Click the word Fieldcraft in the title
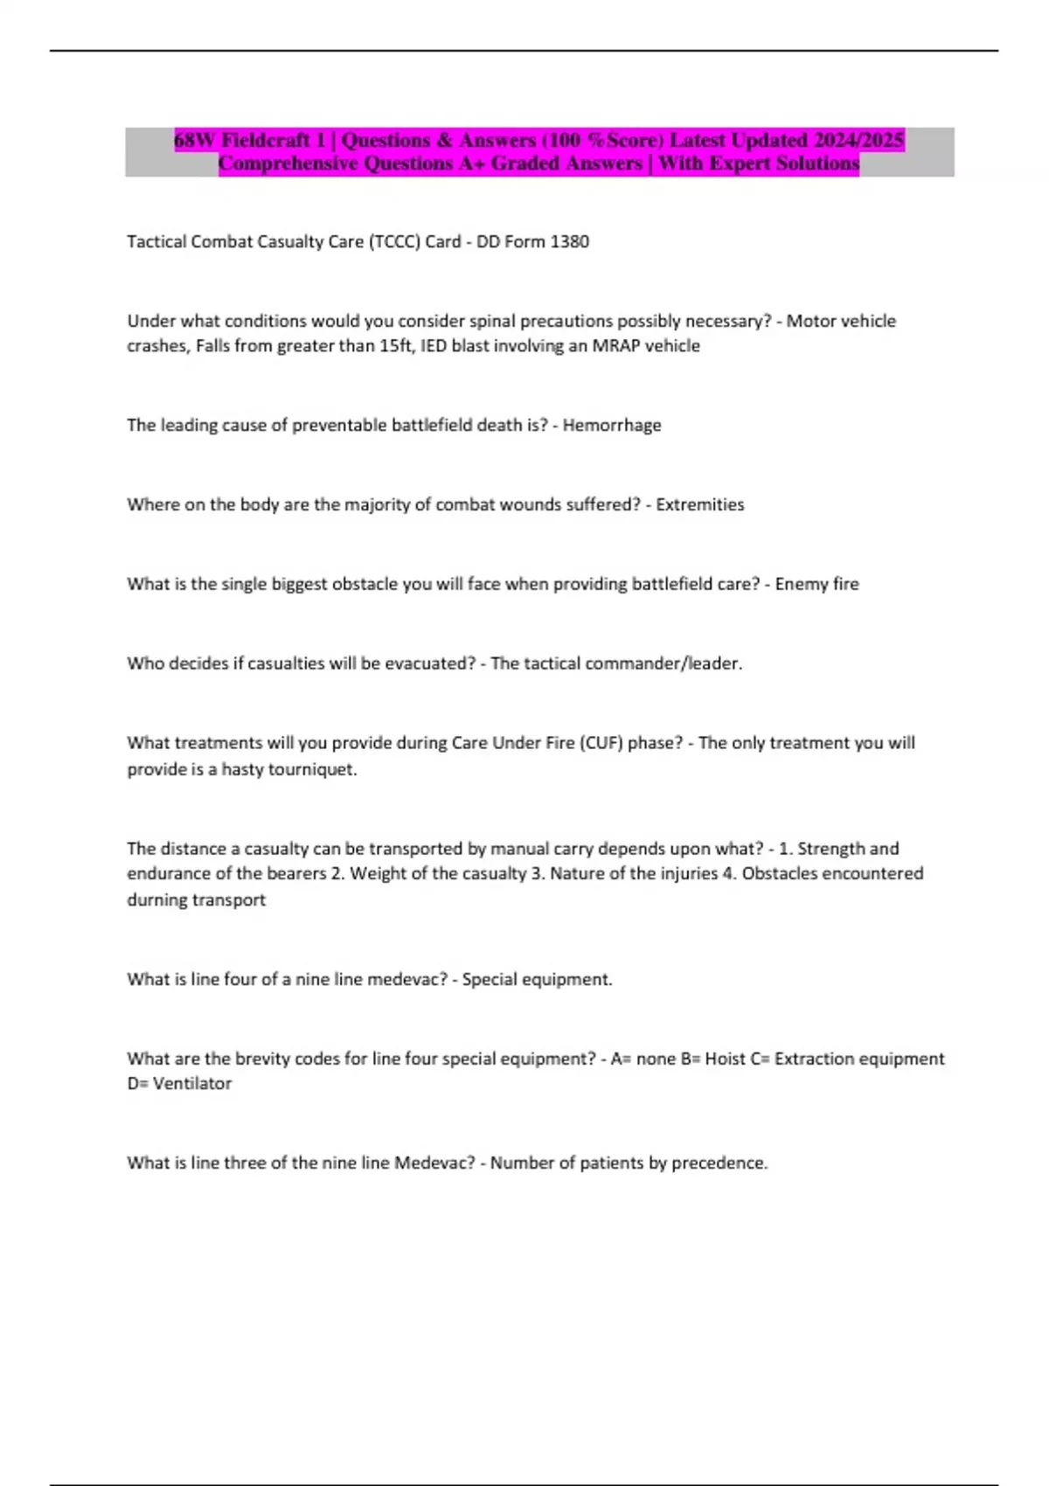pyautogui.click(x=267, y=140)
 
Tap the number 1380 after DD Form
pyautogui.click(x=570, y=241)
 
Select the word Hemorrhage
pyautogui.click(x=612, y=425)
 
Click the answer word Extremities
pyautogui.click(x=700, y=504)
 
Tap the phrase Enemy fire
pyautogui.click(x=816, y=584)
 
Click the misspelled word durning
pyautogui.click(x=157, y=899)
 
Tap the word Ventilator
pyautogui.click(x=192, y=1083)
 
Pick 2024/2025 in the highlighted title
pyautogui.click(x=860, y=140)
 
